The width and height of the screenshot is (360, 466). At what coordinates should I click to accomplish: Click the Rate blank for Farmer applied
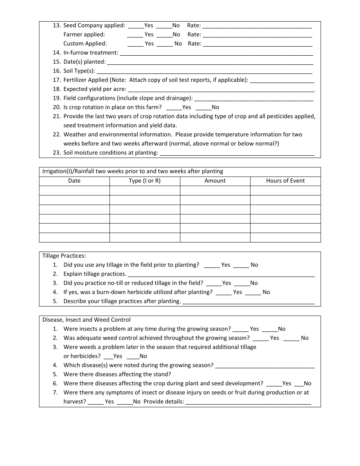[x=258, y=35]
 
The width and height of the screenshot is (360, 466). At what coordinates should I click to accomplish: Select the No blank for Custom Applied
[x=165, y=44]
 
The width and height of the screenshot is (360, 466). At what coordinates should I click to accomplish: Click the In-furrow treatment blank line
[x=216, y=53]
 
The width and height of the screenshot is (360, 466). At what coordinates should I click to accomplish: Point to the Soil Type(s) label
[x=79, y=71]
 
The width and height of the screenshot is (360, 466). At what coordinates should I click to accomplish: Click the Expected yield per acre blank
[x=221, y=89]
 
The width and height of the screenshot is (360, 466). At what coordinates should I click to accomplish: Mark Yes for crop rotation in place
[x=174, y=108]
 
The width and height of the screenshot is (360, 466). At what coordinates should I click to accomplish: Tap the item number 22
[x=57, y=134]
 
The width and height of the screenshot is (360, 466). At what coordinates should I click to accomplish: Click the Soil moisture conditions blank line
[x=237, y=153]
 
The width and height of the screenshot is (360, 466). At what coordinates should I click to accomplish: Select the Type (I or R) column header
[x=145, y=181]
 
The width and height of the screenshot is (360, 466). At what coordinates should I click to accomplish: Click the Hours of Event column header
[x=285, y=181]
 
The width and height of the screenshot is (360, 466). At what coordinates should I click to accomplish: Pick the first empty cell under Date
[x=74, y=191]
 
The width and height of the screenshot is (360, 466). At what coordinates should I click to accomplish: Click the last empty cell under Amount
[x=215, y=238]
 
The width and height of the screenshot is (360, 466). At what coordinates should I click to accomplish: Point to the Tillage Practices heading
[x=64, y=256]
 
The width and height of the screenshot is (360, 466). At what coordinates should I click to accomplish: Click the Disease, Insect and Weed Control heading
[x=86, y=320]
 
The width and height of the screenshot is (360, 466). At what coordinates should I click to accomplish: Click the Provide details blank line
[x=249, y=402]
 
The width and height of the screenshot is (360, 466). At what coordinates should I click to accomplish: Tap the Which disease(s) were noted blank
[x=265, y=366]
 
